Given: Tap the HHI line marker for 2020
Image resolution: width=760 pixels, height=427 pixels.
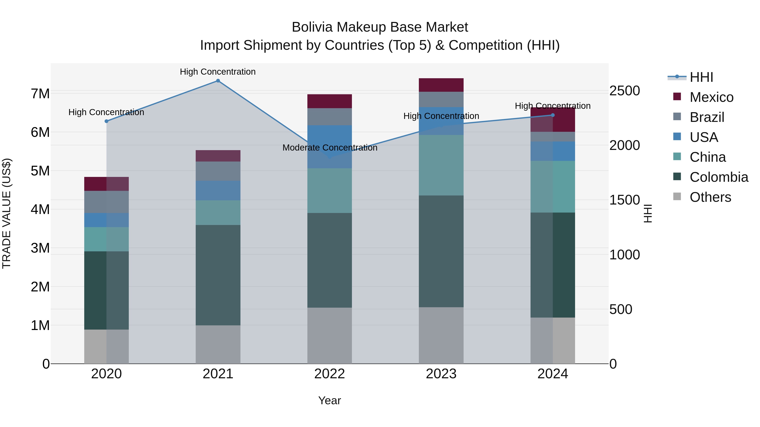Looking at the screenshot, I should tap(107, 121).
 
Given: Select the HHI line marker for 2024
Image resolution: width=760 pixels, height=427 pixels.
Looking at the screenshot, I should tap(553, 115).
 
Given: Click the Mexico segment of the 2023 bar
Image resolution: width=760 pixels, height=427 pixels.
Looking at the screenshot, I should tap(441, 85).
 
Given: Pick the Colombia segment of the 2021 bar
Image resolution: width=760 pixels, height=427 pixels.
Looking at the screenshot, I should tap(218, 275).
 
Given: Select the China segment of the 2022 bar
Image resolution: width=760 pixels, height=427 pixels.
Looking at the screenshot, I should tap(330, 191).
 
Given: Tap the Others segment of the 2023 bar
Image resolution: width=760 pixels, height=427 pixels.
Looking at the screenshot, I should tap(441, 335).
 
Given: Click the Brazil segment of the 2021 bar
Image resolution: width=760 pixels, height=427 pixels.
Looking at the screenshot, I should tap(218, 171).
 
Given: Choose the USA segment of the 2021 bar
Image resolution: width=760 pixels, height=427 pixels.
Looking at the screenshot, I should tap(218, 190).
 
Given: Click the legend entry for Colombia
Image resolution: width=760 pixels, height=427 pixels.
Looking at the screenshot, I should tap(719, 177).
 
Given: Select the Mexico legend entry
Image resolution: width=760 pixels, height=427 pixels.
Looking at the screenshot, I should tap(711, 97).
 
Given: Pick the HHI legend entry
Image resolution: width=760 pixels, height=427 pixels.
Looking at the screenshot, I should tap(701, 77).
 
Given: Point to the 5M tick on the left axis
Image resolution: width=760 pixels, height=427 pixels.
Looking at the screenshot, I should tap(40, 171).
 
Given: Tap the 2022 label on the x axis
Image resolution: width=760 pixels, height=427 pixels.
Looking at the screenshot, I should tap(330, 374).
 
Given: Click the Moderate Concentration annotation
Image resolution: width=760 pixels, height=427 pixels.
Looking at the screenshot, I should tap(330, 148).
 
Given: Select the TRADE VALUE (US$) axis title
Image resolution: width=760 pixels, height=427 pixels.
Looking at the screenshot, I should tap(7, 213).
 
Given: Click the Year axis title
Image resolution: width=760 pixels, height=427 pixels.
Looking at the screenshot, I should tap(330, 400).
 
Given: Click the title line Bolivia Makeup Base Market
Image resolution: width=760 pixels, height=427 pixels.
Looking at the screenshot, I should tap(380, 27).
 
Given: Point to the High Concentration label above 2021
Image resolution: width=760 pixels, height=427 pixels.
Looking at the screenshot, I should tap(218, 72).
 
